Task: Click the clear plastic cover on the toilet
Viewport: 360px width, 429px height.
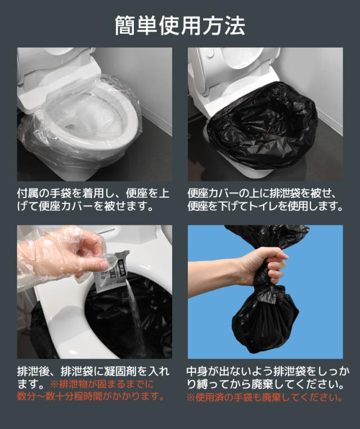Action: tap(79, 127)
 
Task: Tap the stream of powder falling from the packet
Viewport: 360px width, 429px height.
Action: tap(135, 315)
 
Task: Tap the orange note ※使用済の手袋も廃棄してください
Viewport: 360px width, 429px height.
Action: tap(264, 397)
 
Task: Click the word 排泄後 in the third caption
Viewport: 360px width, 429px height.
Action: tap(34, 372)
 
